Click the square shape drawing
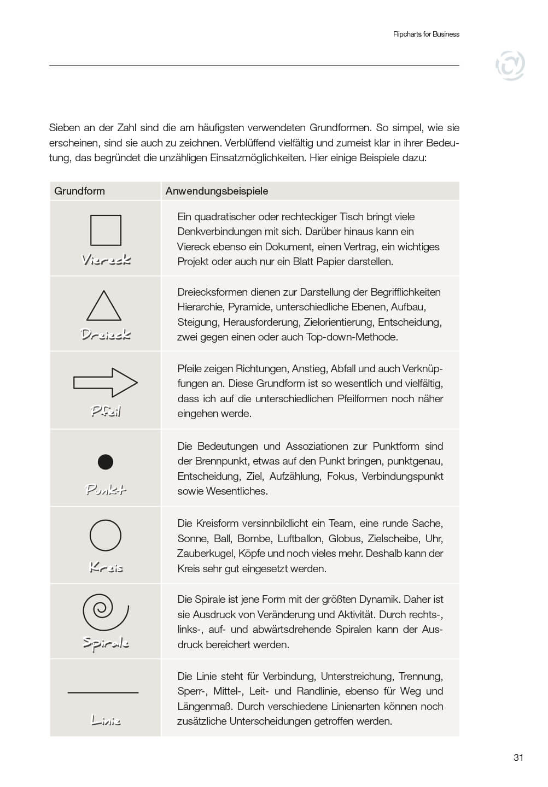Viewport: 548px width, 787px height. pos(106,230)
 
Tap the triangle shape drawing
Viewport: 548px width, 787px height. pos(104,307)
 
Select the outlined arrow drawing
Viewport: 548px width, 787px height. pos(106,382)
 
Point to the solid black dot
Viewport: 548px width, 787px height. pos(106,462)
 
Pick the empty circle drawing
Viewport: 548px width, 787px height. pos(106,535)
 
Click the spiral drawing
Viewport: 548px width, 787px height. pos(105,611)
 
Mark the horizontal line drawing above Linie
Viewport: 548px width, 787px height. pos(103,692)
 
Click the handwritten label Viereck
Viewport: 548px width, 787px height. pos(106,260)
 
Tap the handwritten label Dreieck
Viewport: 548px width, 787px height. pos(106,334)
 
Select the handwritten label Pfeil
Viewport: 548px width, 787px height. pos(106,411)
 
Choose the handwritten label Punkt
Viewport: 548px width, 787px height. pos(106,489)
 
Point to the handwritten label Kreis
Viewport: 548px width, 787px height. pos(106,567)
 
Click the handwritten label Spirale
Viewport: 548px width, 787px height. pos(106,643)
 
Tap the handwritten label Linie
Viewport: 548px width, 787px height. pos(106,720)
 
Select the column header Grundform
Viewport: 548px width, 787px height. pos(79,191)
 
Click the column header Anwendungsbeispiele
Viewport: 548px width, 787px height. pos(217,191)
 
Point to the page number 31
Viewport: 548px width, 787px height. pos(518,757)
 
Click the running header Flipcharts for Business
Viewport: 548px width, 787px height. pos(426,34)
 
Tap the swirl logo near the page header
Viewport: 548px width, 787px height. pos(510,66)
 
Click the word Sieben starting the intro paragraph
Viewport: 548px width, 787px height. pos(65,128)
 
